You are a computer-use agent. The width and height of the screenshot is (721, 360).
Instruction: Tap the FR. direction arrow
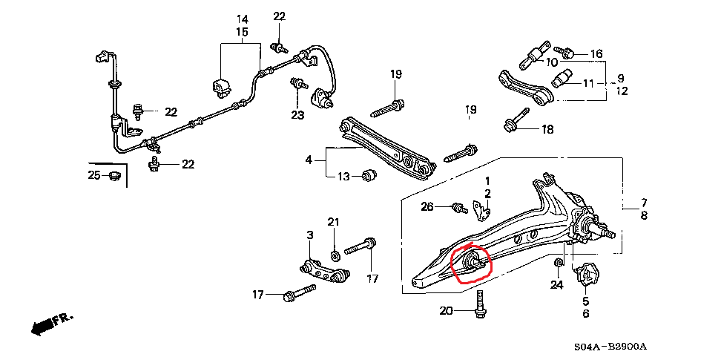(x=53, y=322)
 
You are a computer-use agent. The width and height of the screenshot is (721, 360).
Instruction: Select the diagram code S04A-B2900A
(x=610, y=347)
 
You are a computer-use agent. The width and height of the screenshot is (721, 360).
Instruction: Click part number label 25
(x=93, y=176)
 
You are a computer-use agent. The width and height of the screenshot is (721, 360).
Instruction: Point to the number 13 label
(x=343, y=176)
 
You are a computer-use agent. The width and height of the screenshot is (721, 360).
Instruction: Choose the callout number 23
(x=297, y=115)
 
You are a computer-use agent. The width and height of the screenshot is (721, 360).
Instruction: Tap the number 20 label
(x=445, y=311)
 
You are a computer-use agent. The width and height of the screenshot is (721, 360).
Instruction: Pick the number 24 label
(x=557, y=284)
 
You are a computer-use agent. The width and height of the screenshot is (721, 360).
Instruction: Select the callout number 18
(x=547, y=130)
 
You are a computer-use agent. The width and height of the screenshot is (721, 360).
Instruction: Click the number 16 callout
(x=597, y=53)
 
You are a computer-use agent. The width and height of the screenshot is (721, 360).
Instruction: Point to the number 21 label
(x=333, y=222)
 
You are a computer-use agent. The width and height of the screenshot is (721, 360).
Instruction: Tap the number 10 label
(x=552, y=62)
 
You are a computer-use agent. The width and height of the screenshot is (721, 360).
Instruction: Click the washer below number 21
(x=334, y=255)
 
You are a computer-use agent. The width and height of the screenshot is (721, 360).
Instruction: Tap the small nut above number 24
(x=557, y=262)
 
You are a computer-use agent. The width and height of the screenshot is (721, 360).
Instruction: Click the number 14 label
(x=242, y=19)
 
